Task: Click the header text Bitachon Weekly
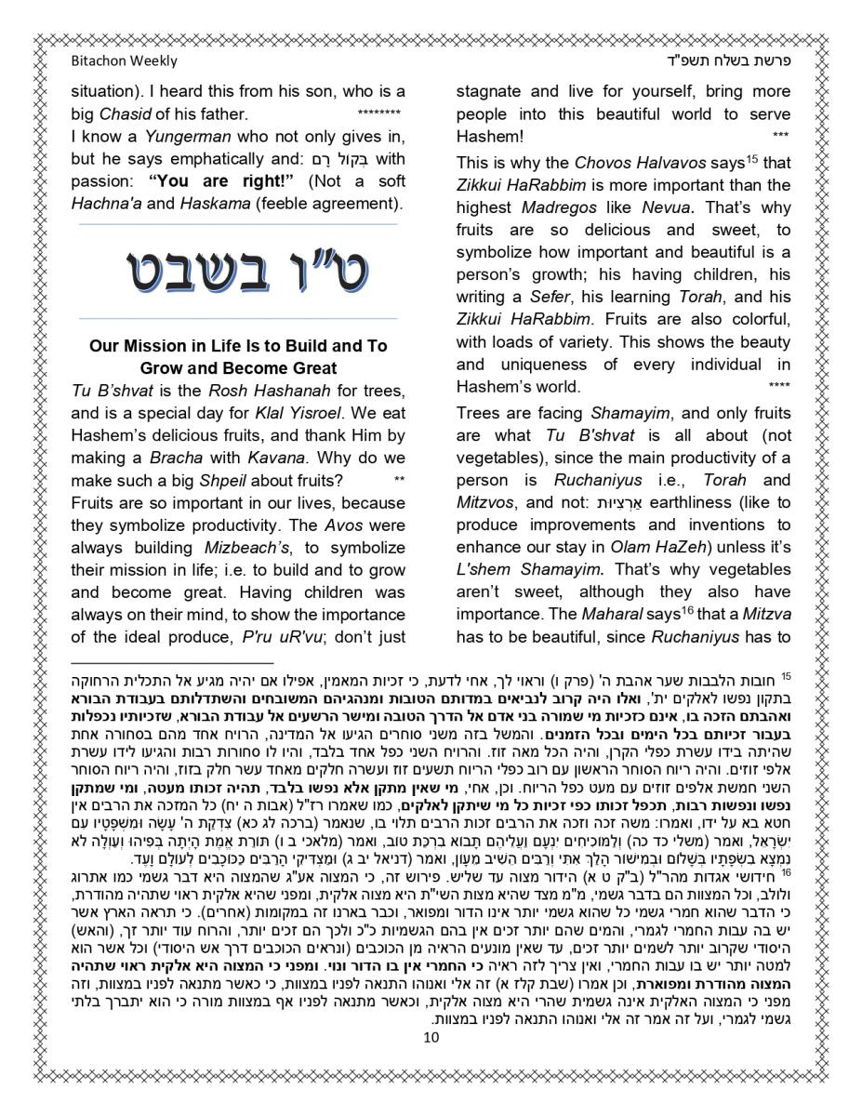click(124, 61)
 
